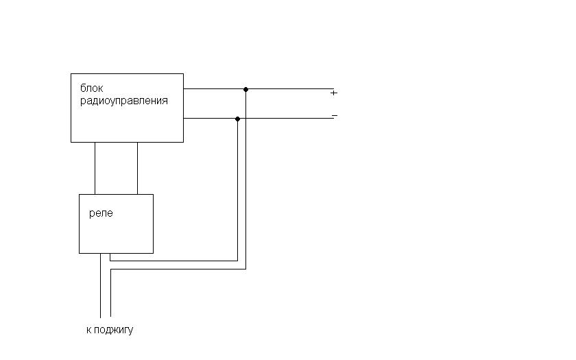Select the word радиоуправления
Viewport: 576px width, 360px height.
(123, 101)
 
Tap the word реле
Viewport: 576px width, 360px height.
(101, 213)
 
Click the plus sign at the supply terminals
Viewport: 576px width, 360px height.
(334, 93)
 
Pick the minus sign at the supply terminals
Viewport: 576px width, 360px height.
(334, 115)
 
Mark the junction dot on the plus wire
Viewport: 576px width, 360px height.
(245, 89)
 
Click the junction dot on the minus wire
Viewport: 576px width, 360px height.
(237, 119)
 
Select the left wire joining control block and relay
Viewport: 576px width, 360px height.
(95, 168)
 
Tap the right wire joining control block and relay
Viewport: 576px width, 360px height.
(137, 168)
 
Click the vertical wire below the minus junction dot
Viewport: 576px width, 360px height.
(237, 192)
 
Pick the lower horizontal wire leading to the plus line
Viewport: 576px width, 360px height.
(178, 269)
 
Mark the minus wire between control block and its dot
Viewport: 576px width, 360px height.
(210, 119)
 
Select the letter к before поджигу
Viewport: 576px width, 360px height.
(89, 330)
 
